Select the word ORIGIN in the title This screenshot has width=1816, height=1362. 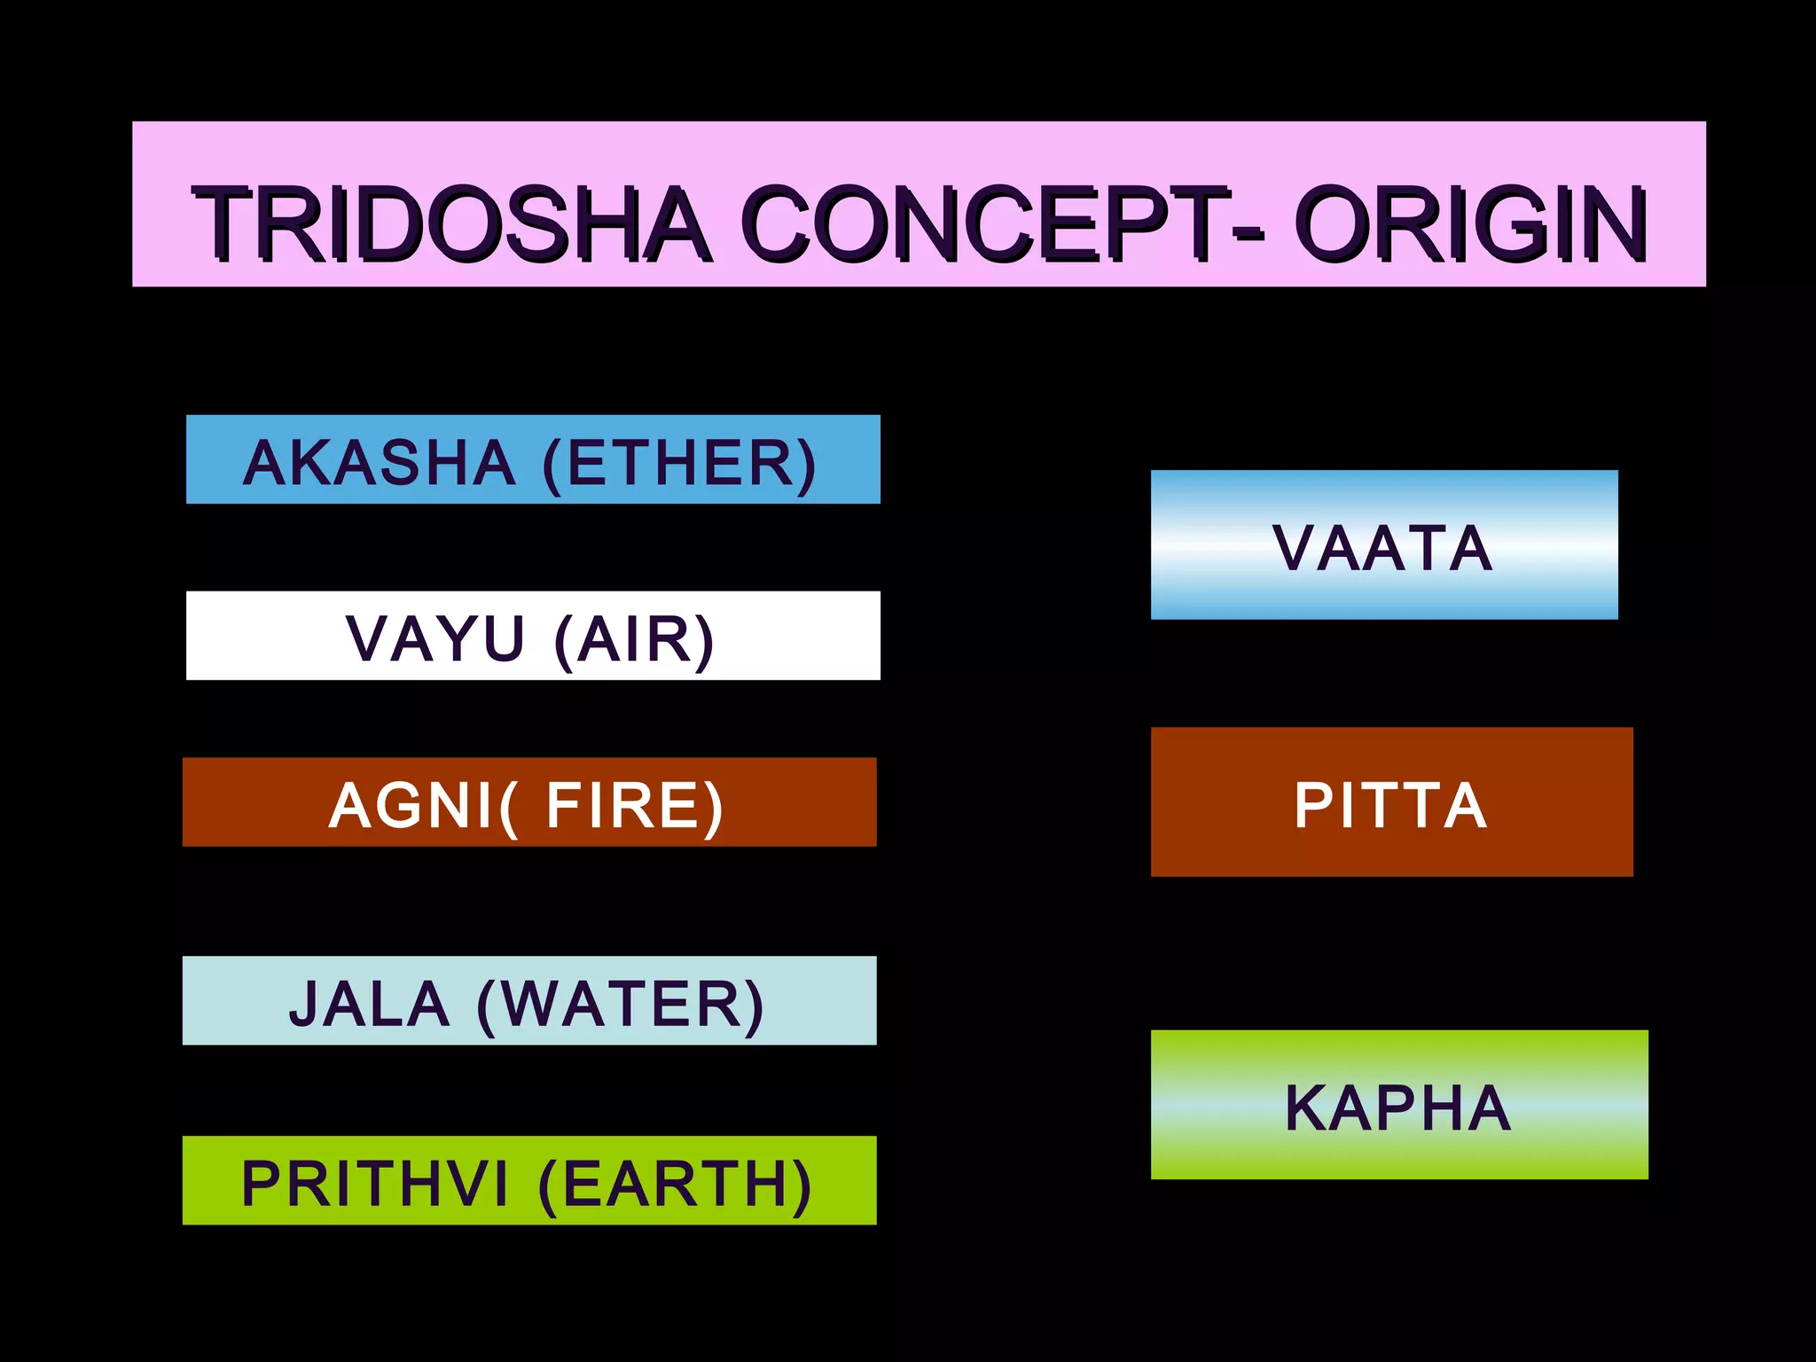point(1471,223)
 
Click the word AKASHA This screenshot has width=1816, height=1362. point(379,463)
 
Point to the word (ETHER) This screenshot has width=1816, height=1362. point(679,463)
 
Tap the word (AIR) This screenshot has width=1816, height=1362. point(634,638)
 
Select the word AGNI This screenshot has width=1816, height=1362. point(411,805)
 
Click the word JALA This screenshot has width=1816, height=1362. point(369,1005)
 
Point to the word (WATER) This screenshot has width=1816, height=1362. point(620,1005)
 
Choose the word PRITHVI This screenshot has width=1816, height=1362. point(375,1184)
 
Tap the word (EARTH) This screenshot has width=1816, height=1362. point(675,1184)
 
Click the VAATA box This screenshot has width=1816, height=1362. point(1383,544)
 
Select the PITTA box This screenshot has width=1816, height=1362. point(1390,802)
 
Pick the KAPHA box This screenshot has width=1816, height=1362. point(1398,1105)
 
